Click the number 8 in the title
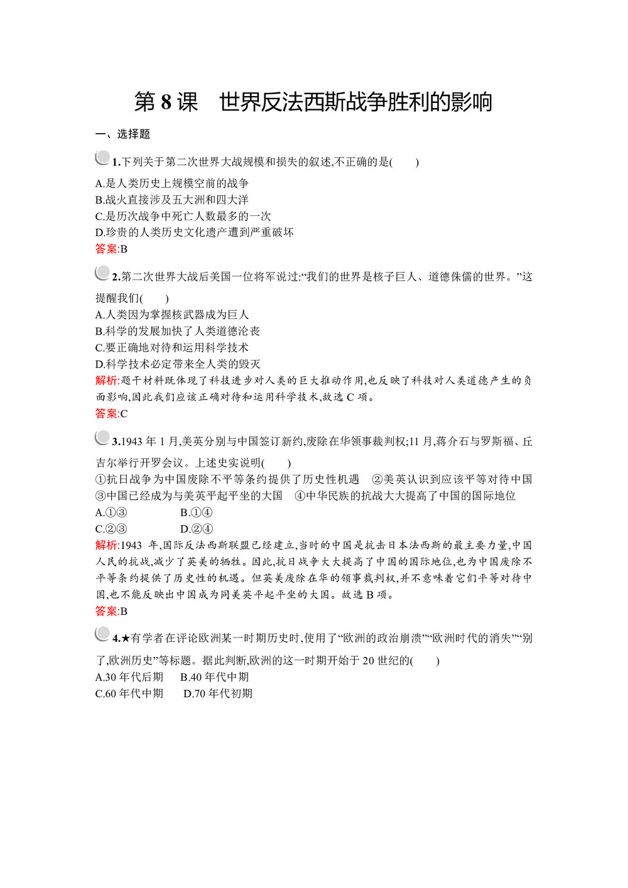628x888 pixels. (x=166, y=102)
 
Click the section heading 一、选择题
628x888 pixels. (x=122, y=134)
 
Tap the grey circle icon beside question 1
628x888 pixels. (x=102, y=158)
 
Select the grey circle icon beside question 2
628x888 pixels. (x=102, y=273)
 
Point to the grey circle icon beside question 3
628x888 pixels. (x=102, y=438)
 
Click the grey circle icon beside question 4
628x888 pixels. (x=102, y=634)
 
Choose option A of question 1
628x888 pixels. (x=171, y=183)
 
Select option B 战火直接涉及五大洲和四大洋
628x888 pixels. (x=171, y=200)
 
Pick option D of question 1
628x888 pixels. (x=194, y=232)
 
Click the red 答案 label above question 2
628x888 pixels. (x=106, y=249)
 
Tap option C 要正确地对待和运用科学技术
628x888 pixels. (x=171, y=347)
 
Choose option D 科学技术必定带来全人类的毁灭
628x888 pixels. (x=177, y=364)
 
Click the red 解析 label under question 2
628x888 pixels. (x=107, y=380)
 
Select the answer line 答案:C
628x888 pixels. (x=111, y=413)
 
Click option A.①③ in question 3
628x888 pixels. (x=111, y=512)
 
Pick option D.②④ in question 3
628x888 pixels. (x=196, y=529)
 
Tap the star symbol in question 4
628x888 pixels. (x=125, y=639)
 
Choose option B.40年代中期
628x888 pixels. (x=214, y=677)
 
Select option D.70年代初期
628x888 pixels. (x=217, y=693)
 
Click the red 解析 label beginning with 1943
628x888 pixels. (x=107, y=545)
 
